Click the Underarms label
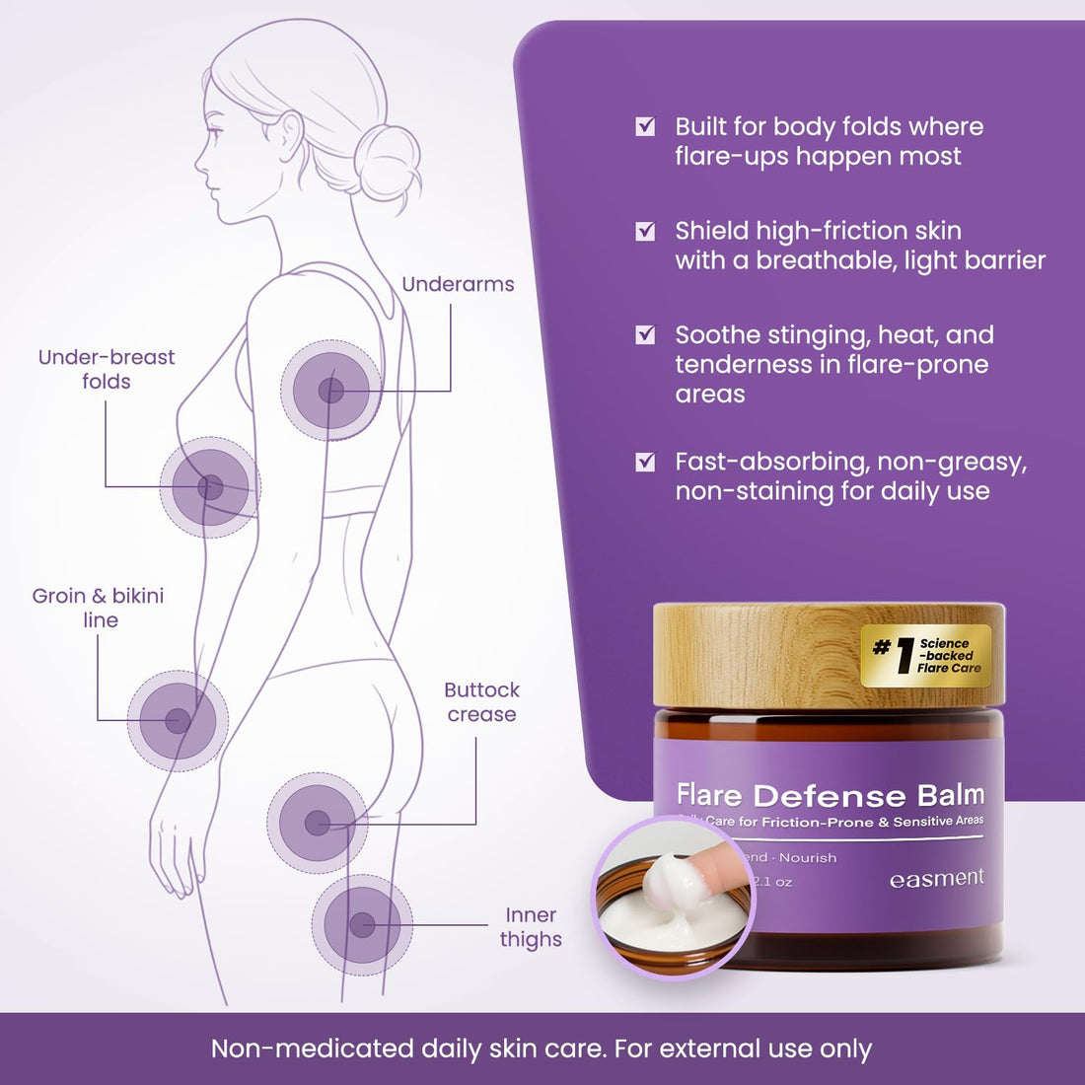(x=458, y=284)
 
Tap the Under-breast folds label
(x=107, y=369)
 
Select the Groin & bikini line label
(x=99, y=608)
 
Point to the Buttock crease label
(x=481, y=701)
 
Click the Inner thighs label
(x=531, y=927)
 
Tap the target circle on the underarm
(x=330, y=391)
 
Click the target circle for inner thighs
(x=362, y=924)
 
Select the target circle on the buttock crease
(x=317, y=823)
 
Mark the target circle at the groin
(x=178, y=721)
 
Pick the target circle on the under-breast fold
(x=210, y=487)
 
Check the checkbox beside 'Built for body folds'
(x=645, y=126)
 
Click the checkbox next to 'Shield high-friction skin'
(x=645, y=231)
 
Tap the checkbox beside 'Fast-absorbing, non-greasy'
(x=645, y=462)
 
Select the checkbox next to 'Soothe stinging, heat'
(x=645, y=335)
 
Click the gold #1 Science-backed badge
(x=925, y=656)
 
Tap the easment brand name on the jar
(x=936, y=878)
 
